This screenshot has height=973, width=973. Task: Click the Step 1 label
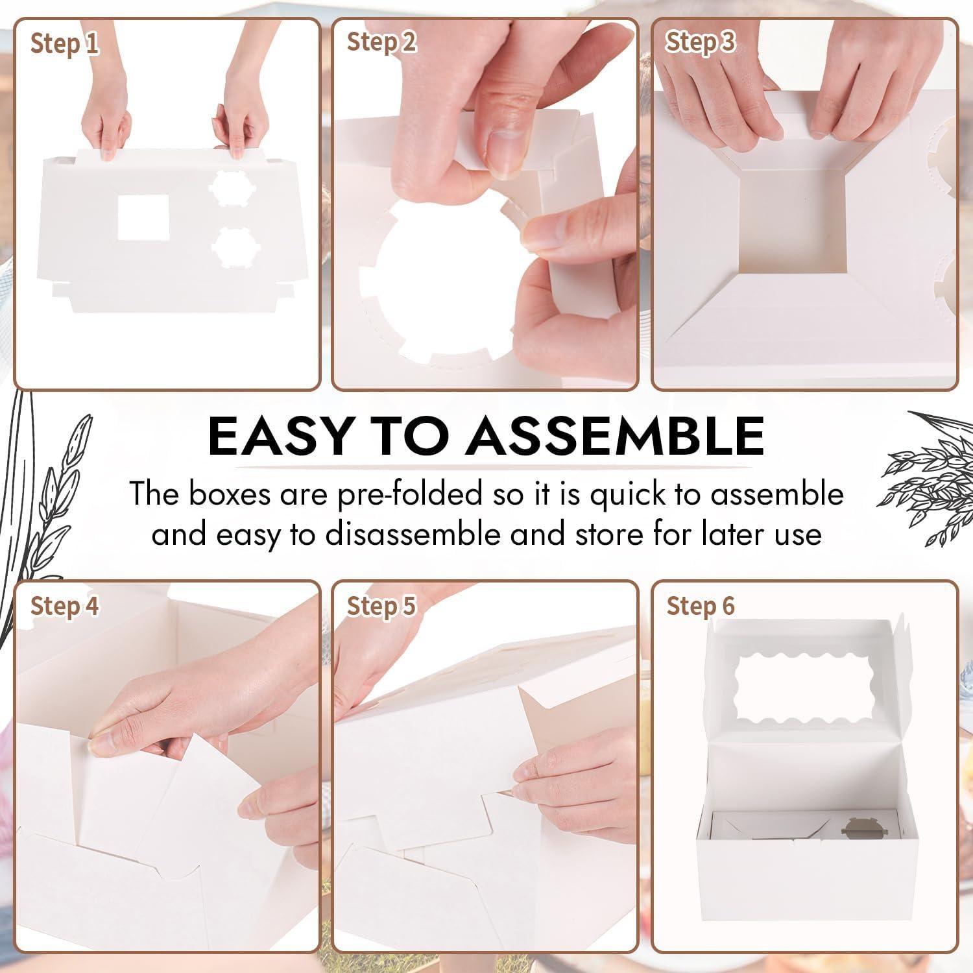coord(64,44)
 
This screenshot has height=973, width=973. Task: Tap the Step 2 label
coord(381,42)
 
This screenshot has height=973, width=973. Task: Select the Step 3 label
coord(700,42)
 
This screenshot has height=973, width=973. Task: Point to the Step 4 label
coord(64,606)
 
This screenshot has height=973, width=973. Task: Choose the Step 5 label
coord(381,606)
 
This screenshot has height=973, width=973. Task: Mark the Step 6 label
coord(700,606)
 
